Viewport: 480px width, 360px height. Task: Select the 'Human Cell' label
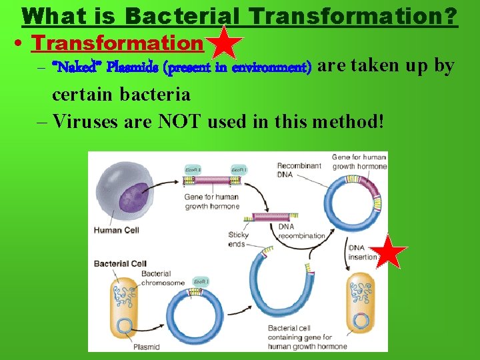click(117, 231)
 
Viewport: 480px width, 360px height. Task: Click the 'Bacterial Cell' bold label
click(120, 264)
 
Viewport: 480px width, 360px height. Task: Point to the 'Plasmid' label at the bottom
click(146, 347)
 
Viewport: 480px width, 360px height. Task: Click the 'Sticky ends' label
click(238, 239)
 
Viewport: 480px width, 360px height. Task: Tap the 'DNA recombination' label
click(301, 231)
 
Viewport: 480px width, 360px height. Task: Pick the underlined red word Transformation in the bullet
click(117, 43)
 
